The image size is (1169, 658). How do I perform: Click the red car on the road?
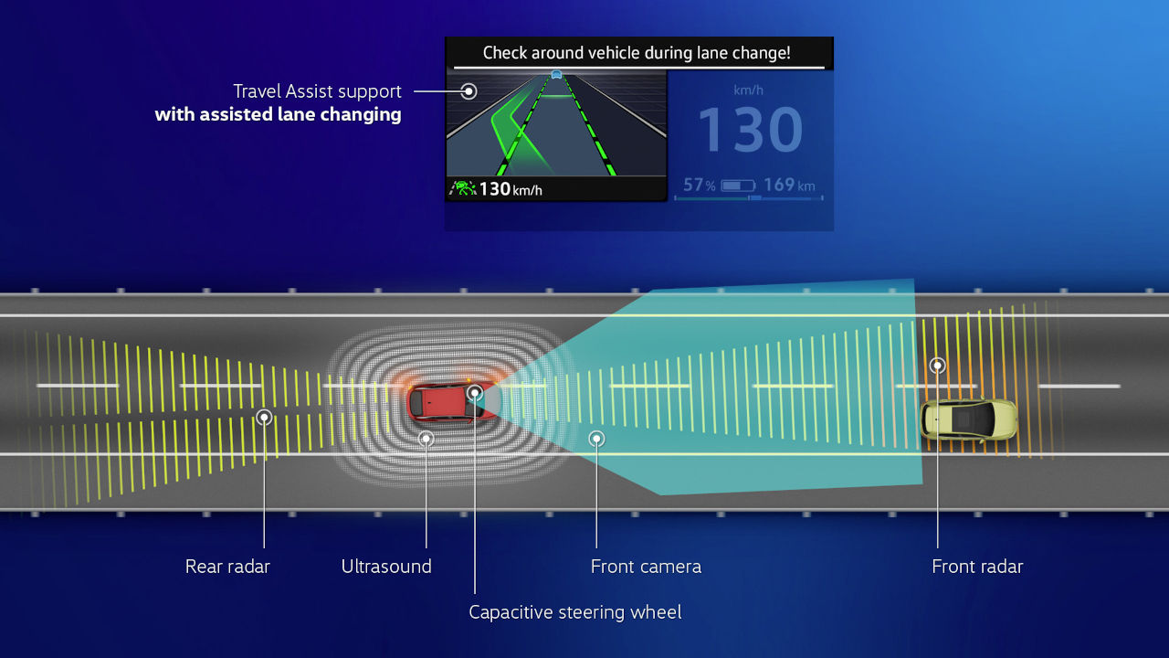[x=452, y=402]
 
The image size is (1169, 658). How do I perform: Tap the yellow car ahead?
[x=969, y=419]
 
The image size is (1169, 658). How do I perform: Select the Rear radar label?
[x=227, y=567]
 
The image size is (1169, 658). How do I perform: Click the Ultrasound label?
[x=386, y=567]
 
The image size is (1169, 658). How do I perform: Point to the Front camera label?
[x=646, y=567]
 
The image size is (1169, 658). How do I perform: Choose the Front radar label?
[x=977, y=567]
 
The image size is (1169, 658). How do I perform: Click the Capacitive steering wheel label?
[x=575, y=612]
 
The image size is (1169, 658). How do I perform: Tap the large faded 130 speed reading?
[x=750, y=130]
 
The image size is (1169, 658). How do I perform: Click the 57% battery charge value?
[x=700, y=185]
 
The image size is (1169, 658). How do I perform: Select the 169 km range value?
[x=789, y=185]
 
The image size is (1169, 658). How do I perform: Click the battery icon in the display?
[x=738, y=186]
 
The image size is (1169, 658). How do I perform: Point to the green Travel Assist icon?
[x=463, y=188]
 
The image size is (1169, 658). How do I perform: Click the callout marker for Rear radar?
[x=265, y=418]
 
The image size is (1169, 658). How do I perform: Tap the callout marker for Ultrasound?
[x=427, y=439]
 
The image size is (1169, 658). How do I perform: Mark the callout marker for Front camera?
[x=596, y=439]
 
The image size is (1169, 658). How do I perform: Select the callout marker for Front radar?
[x=938, y=366]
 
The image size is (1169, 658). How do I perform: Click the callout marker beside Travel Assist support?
[x=469, y=91]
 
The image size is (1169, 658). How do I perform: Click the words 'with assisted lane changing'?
[x=279, y=115]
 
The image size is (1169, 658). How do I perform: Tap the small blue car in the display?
[x=557, y=74]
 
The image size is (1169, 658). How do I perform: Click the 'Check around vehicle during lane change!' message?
[x=637, y=53]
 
